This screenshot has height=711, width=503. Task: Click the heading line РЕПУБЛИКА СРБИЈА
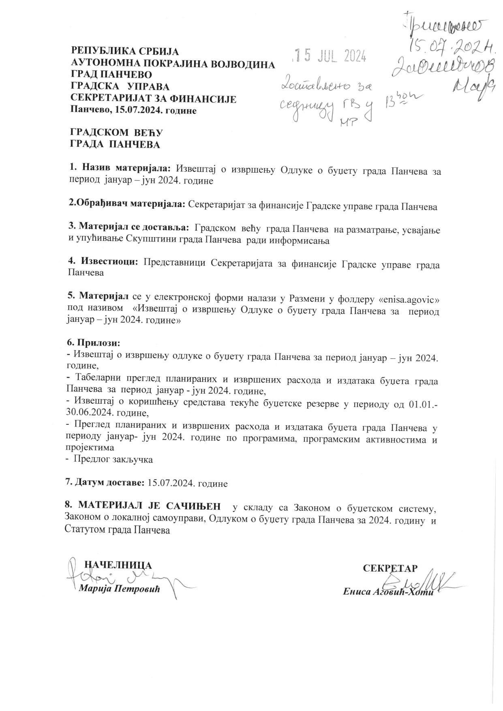point(125,51)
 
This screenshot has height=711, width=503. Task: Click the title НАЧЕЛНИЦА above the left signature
point(118,565)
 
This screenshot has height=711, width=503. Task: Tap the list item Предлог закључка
point(112,460)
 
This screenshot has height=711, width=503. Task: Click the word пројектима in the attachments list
point(90,448)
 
